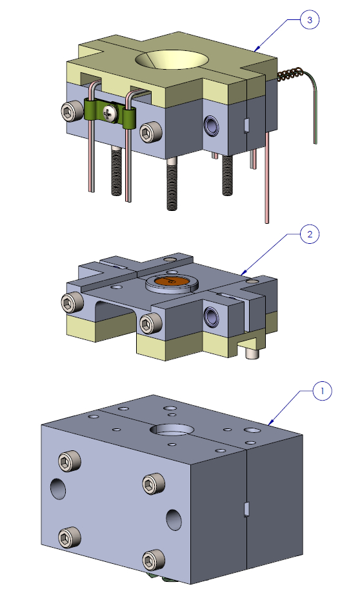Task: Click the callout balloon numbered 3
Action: click(x=309, y=20)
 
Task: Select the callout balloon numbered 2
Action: click(x=309, y=234)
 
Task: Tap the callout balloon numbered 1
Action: click(x=322, y=391)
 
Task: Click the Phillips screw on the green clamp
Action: click(x=109, y=112)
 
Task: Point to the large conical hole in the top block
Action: click(x=172, y=59)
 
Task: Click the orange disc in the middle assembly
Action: click(x=172, y=280)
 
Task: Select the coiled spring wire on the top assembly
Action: click(x=290, y=74)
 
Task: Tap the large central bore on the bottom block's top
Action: click(x=172, y=430)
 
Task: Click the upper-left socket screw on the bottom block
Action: click(x=70, y=461)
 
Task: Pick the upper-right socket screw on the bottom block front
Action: click(x=154, y=483)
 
